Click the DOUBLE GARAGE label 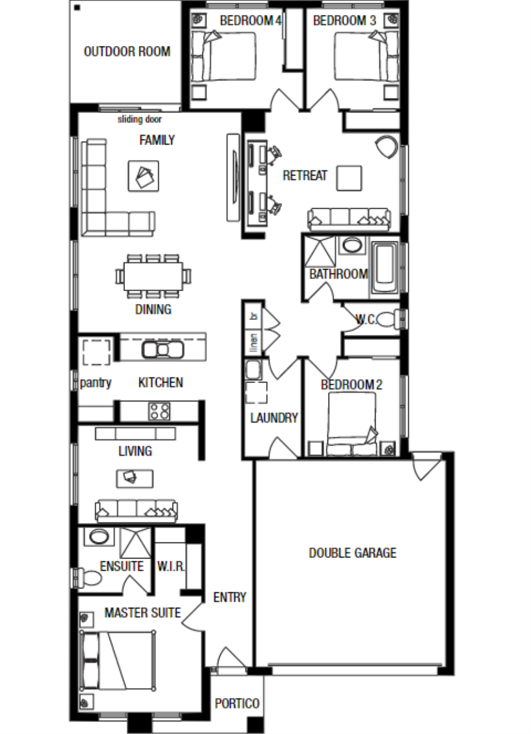[x=352, y=553]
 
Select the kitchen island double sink [x=163, y=350]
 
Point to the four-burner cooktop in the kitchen [x=159, y=411]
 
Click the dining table [x=153, y=276]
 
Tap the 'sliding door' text [x=140, y=119]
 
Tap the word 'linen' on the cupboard [x=253, y=343]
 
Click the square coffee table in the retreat [x=349, y=178]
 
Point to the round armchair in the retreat [x=387, y=147]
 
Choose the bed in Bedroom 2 [x=352, y=423]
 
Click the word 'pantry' [x=95, y=382]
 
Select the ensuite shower [x=136, y=543]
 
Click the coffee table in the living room [x=134, y=479]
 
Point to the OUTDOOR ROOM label [x=127, y=52]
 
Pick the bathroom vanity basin [x=352, y=245]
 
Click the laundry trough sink [x=253, y=370]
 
